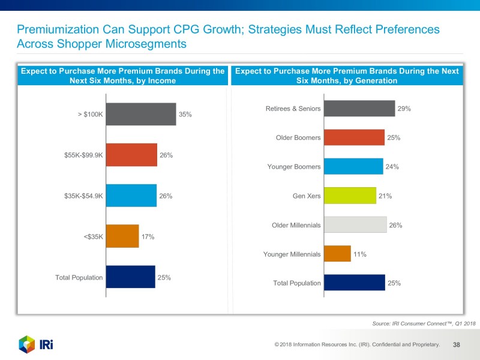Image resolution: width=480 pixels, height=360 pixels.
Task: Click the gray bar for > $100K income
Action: tap(140, 113)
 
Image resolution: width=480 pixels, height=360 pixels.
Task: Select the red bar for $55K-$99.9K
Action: tap(131, 155)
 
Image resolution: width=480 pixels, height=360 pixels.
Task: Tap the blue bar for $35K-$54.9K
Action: tap(131, 196)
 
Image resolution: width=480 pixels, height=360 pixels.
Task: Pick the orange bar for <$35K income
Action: tap(122, 236)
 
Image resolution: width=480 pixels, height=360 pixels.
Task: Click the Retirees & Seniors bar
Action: tap(359, 109)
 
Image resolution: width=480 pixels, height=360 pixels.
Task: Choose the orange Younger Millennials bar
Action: tap(337, 254)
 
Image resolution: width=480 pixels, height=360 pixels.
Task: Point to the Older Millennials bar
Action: tap(355, 225)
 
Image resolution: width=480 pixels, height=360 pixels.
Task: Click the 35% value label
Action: tap(185, 114)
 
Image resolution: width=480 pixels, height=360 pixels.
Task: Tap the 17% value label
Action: tap(148, 237)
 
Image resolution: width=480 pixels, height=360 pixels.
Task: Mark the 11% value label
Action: tap(359, 254)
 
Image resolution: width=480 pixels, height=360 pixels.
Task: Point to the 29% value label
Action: tap(404, 109)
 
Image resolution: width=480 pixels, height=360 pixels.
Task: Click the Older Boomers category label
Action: tap(298, 138)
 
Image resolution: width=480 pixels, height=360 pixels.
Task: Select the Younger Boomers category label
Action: tap(294, 167)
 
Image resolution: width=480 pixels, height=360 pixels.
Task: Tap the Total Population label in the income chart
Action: tap(79, 278)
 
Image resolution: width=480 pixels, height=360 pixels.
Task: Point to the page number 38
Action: tap(457, 344)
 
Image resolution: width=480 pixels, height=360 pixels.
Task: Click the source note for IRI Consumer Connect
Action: tap(424, 323)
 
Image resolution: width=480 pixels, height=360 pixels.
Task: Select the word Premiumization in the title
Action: tap(57, 29)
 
